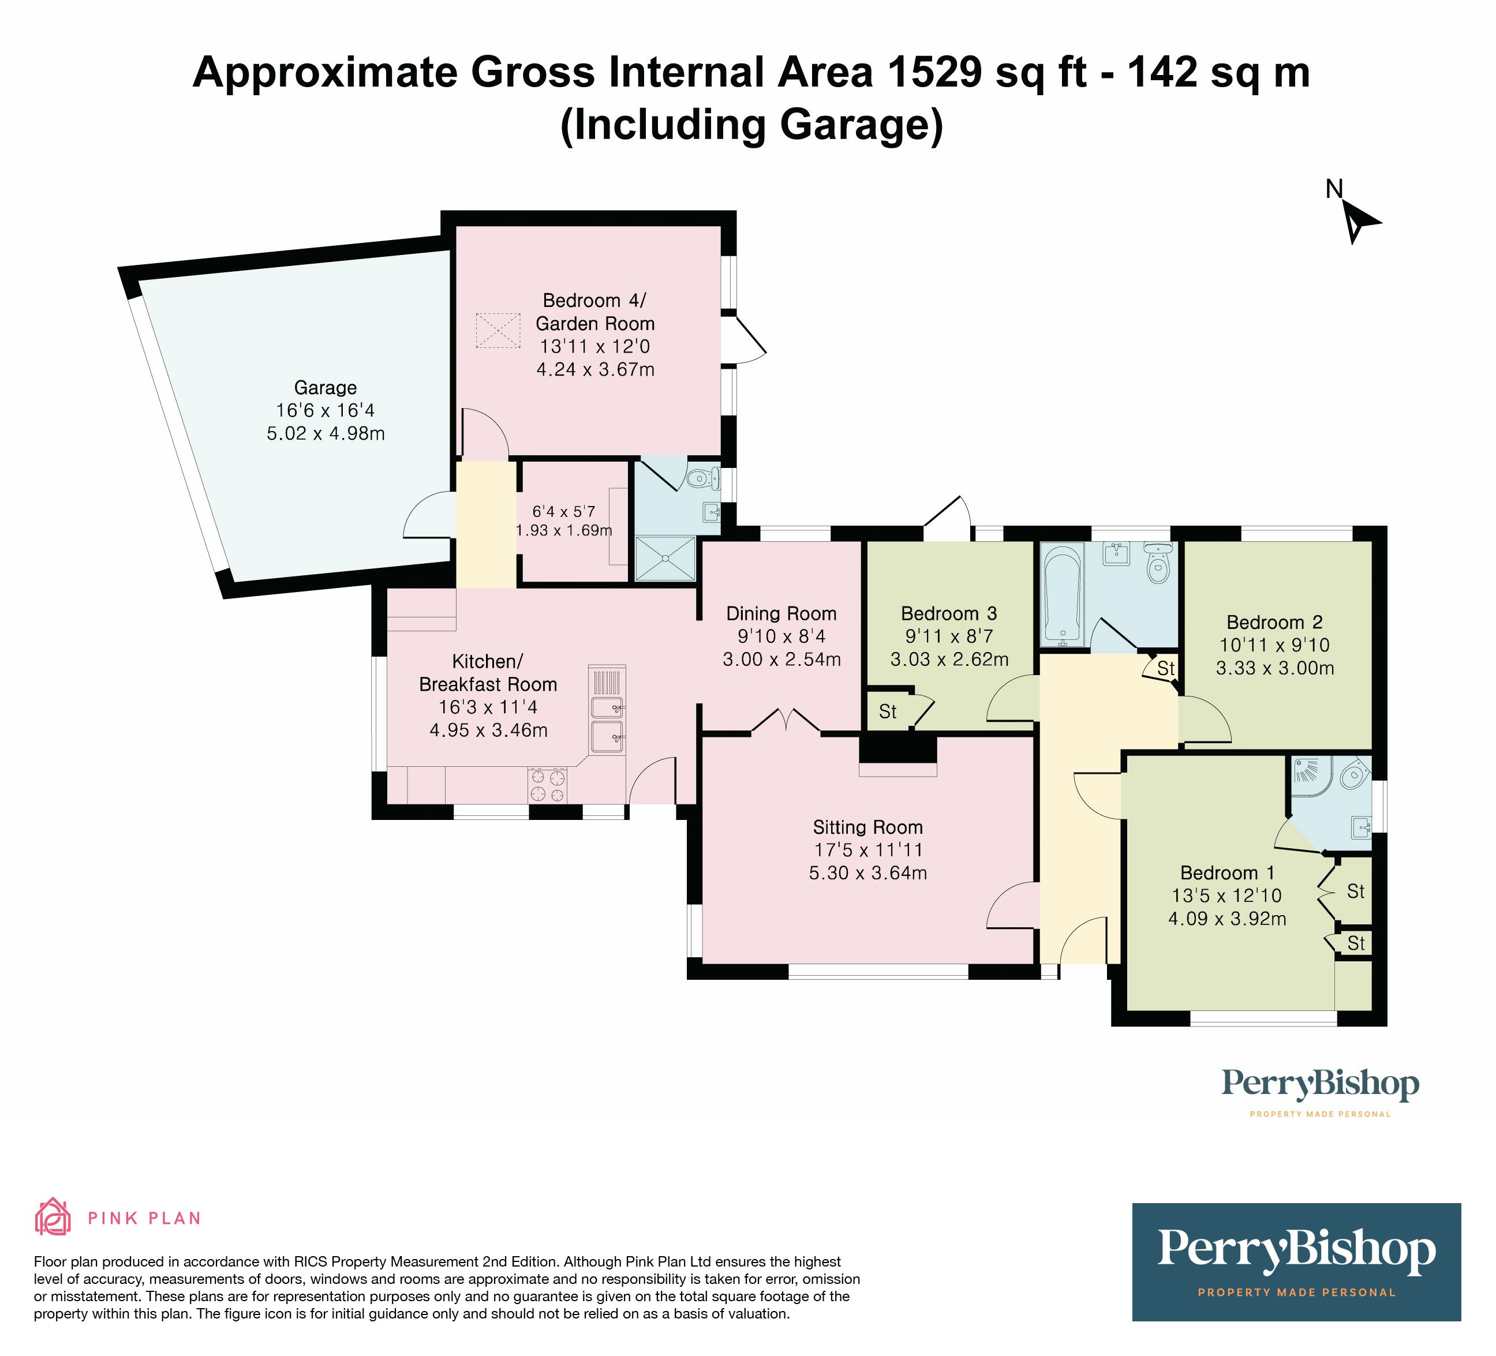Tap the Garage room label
tap(325, 387)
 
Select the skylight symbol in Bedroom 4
tap(498, 330)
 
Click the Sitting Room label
tap(867, 827)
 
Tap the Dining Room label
tap(781, 613)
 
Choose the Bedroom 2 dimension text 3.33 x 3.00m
tap(1275, 668)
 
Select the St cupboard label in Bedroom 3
tap(888, 712)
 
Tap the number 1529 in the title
tap(935, 73)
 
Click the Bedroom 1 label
tap(1228, 872)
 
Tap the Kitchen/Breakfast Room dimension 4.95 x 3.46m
tap(488, 730)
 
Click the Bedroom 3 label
tap(949, 613)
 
